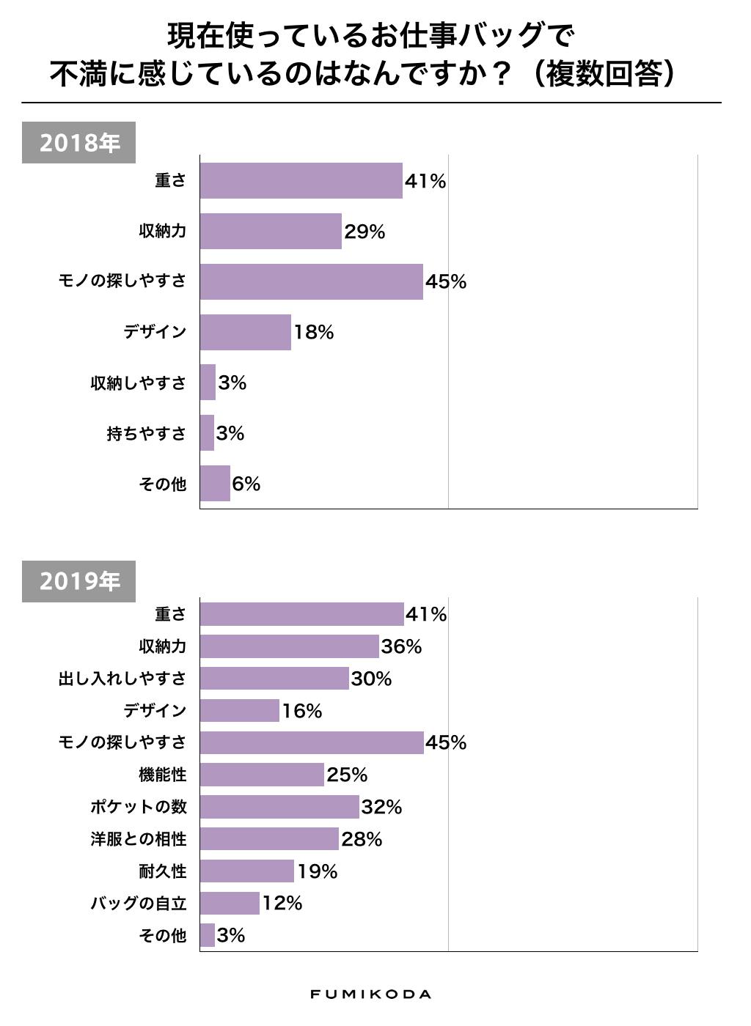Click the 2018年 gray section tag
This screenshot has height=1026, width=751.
pos(78,142)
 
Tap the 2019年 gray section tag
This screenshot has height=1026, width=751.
pos(78,581)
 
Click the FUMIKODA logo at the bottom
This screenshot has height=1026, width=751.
pos(370,994)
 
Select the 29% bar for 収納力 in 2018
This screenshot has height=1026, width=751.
pos(271,232)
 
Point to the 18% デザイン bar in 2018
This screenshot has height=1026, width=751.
pos(245,332)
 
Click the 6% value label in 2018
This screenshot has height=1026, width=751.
pos(246,484)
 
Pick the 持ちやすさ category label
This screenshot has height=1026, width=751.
pos(147,434)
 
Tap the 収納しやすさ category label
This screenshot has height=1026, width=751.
pos(139,383)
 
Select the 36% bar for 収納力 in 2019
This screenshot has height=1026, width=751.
pos(289,646)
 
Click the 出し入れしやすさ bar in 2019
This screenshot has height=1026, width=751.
pos(274,679)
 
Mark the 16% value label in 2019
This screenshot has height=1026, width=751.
pos(302,711)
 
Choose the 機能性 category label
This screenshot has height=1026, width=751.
pos(163,775)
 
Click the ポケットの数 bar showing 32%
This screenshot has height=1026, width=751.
pos(279,807)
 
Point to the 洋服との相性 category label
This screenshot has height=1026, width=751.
pos(139,839)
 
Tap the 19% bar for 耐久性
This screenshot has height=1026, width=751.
pos(246,871)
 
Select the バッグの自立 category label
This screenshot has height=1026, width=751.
pos(139,904)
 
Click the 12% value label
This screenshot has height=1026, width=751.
pos(282,904)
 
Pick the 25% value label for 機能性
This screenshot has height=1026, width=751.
pos(347,775)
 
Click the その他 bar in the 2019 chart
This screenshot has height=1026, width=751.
pos(208,935)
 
